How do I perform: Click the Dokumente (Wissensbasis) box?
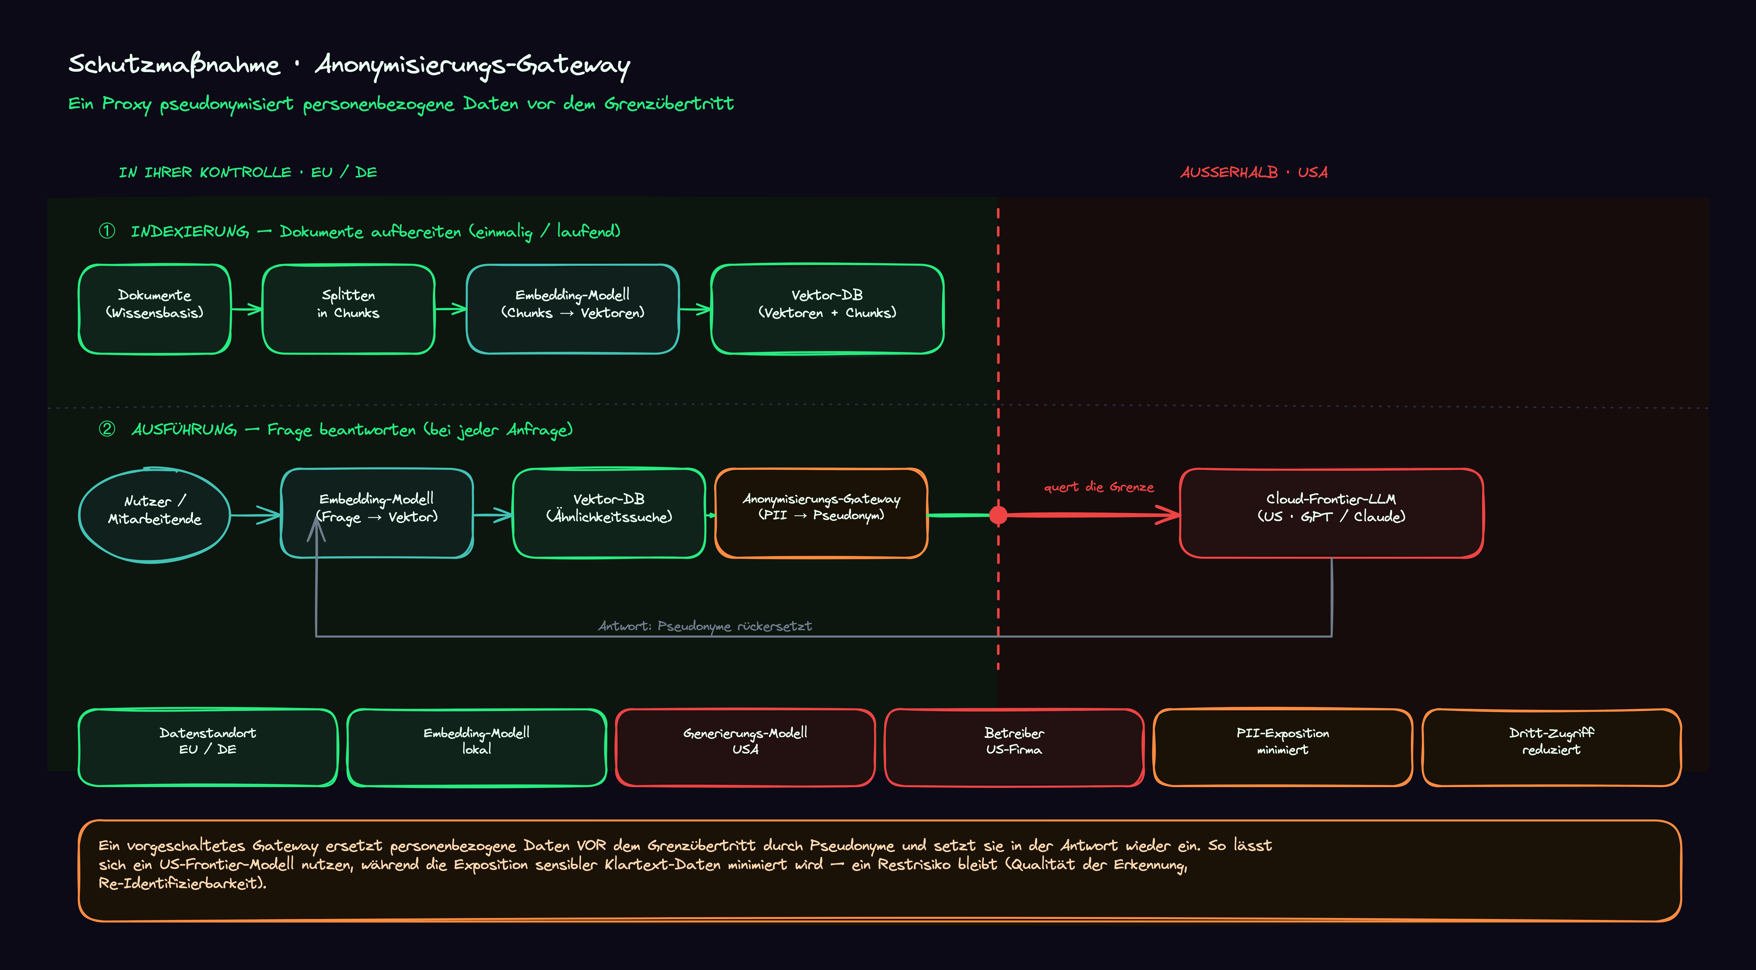[x=155, y=309]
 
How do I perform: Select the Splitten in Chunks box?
[x=348, y=309]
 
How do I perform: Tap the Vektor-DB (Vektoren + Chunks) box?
[x=827, y=309]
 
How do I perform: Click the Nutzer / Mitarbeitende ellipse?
[x=155, y=515]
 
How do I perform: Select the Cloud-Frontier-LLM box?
[x=1331, y=513]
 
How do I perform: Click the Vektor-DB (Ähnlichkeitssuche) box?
[x=609, y=513]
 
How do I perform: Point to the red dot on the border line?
[x=998, y=515]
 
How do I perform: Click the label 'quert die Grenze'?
[x=1099, y=487]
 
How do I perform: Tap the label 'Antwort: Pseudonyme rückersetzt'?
[x=705, y=626]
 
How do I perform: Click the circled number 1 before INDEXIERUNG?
[x=107, y=231]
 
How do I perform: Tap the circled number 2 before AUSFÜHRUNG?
[x=107, y=429]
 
